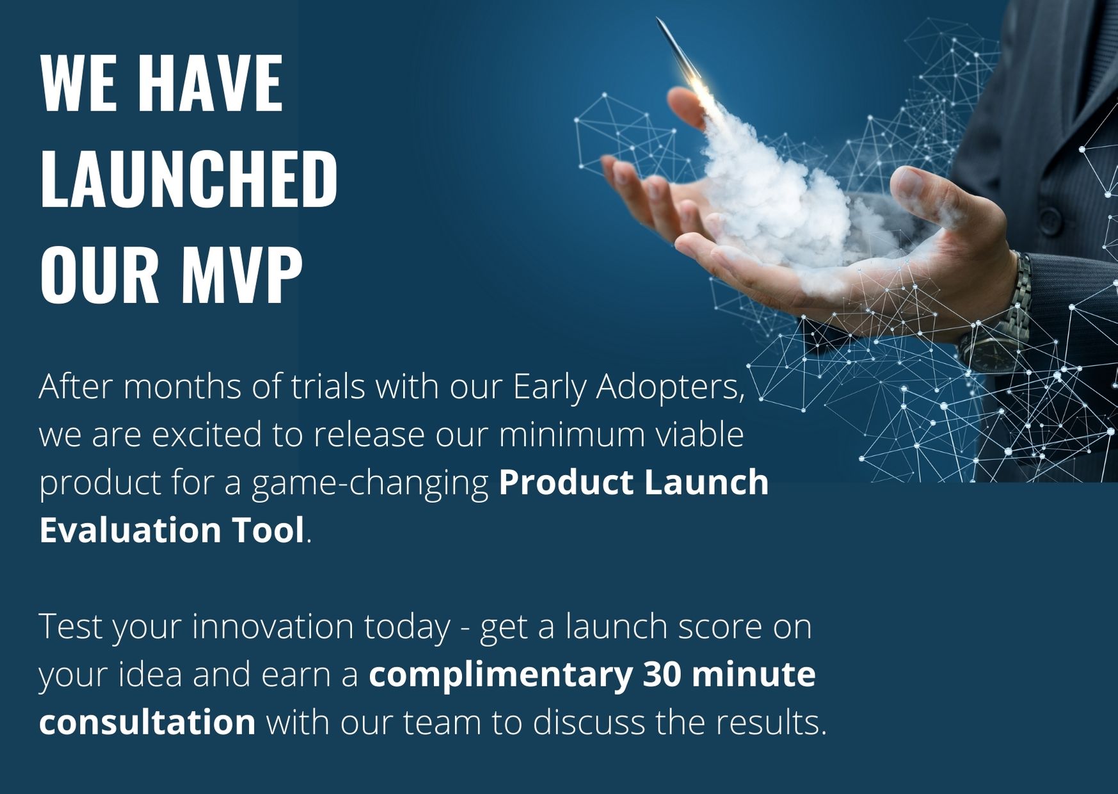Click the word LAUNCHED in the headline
pos(189,179)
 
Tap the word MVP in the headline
pos(242,275)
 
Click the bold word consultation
pos(148,722)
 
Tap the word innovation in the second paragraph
pos(273,626)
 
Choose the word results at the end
pos(767,722)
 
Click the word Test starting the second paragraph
pos(71,626)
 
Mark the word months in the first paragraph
pos(182,387)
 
